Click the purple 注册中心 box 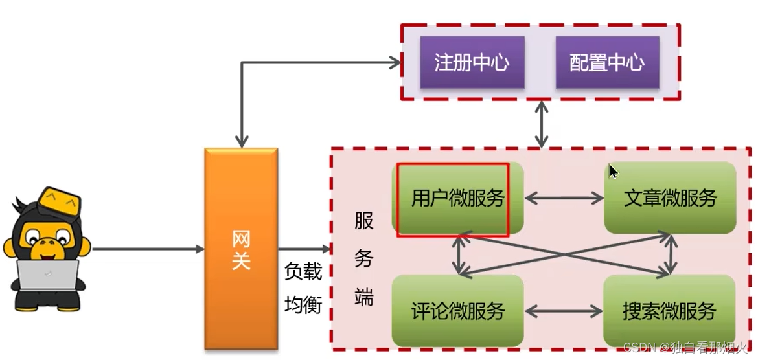tap(472, 62)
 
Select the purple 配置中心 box tap(607, 62)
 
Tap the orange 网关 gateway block tap(241, 249)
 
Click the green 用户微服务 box tap(457, 198)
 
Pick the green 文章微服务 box tap(670, 198)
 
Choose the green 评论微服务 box tap(457, 311)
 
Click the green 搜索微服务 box tap(670, 311)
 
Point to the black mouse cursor tap(613, 172)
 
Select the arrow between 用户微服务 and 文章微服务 tap(564, 198)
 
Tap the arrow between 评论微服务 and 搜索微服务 tap(564, 311)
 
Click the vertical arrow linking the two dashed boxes tap(542, 124)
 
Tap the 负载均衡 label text tap(303, 288)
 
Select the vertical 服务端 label tap(363, 259)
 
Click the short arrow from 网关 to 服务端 tap(304, 249)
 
